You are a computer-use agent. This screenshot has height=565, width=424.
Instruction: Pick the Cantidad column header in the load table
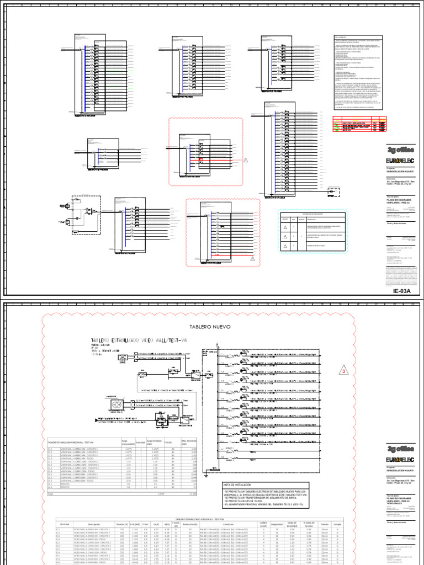tap(140, 443)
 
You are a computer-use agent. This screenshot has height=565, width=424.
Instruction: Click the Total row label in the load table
tap(50, 494)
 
